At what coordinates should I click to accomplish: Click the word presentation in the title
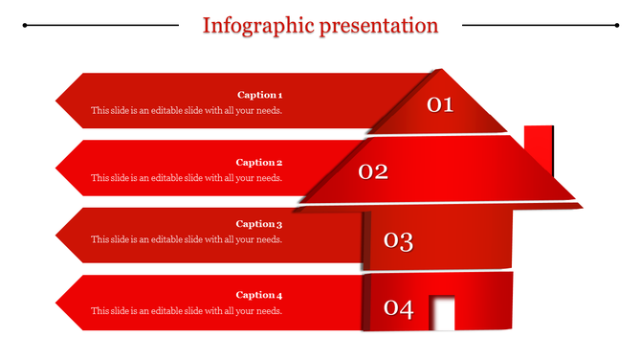click(x=380, y=26)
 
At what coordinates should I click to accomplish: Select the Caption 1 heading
click(x=259, y=95)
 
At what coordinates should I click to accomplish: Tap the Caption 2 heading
click(x=259, y=163)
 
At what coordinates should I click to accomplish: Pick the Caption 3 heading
click(x=259, y=224)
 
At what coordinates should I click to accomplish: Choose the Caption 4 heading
click(x=259, y=295)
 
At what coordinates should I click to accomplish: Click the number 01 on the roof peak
click(x=439, y=104)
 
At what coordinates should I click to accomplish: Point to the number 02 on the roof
click(x=373, y=172)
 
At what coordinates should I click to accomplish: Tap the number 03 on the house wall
click(x=398, y=240)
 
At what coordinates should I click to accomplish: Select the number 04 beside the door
click(x=398, y=308)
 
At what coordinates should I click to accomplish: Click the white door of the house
click(x=442, y=312)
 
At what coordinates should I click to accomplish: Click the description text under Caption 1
click(x=187, y=110)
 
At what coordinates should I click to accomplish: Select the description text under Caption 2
click(x=187, y=177)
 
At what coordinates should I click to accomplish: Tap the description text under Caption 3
click(x=187, y=239)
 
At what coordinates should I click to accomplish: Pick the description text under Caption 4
click(x=187, y=310)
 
